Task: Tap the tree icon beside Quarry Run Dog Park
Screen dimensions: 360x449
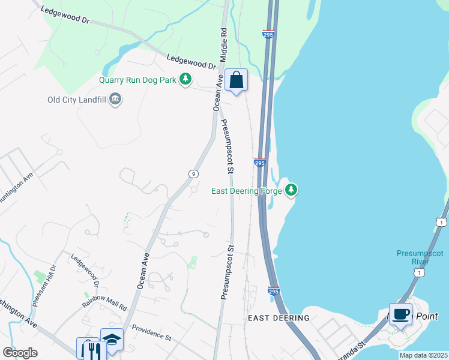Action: [186, 79]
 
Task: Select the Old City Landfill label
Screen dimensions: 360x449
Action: [77, 100]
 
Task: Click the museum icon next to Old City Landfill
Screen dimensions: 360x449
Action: [115, 99]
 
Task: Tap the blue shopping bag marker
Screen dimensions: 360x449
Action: [237, 80]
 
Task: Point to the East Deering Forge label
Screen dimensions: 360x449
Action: [247, 191]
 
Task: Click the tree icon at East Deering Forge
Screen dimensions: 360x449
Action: [291, 190]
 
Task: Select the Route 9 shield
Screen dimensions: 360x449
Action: [193, 174]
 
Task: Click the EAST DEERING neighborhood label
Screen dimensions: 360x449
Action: [279, 318]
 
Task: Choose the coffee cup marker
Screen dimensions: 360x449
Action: [400, 314]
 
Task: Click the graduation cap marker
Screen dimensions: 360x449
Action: [112, 340]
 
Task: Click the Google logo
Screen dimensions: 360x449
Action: [20, 353]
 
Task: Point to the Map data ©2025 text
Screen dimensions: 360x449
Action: [423, 355]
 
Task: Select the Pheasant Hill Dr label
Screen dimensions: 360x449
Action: [44, 285]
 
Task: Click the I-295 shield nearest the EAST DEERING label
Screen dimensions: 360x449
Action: [274, 291]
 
